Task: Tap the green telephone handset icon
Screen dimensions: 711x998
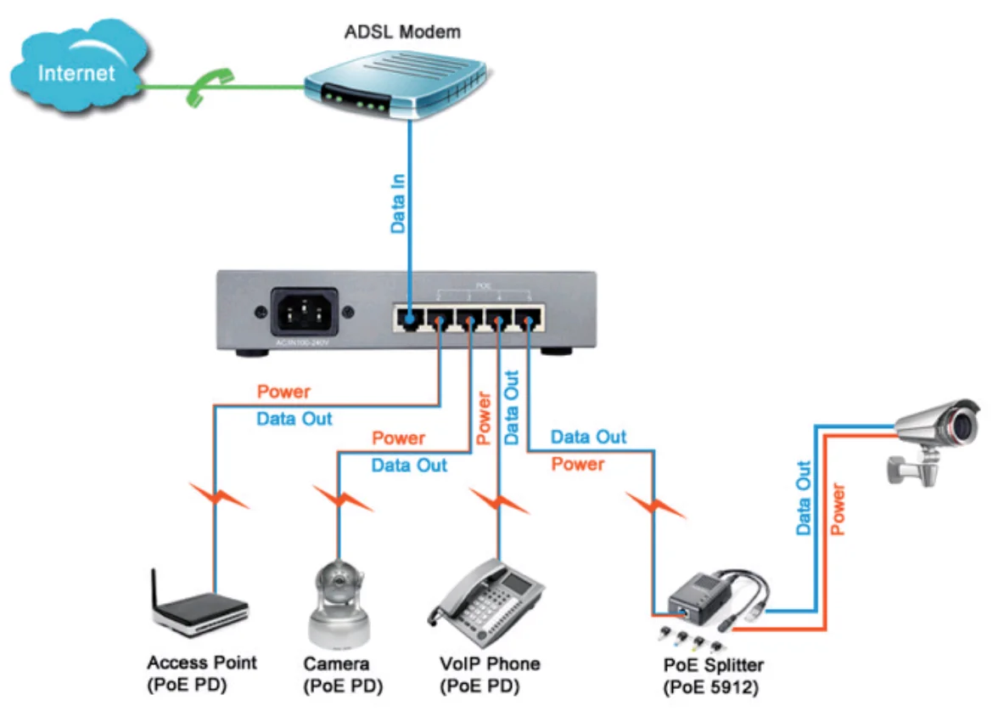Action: click(202, 87)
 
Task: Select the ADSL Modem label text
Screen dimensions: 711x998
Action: click(402, 33)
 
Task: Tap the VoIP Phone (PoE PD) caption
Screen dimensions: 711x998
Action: click(490, 673)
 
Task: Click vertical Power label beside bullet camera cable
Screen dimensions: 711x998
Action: click(838, 508)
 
